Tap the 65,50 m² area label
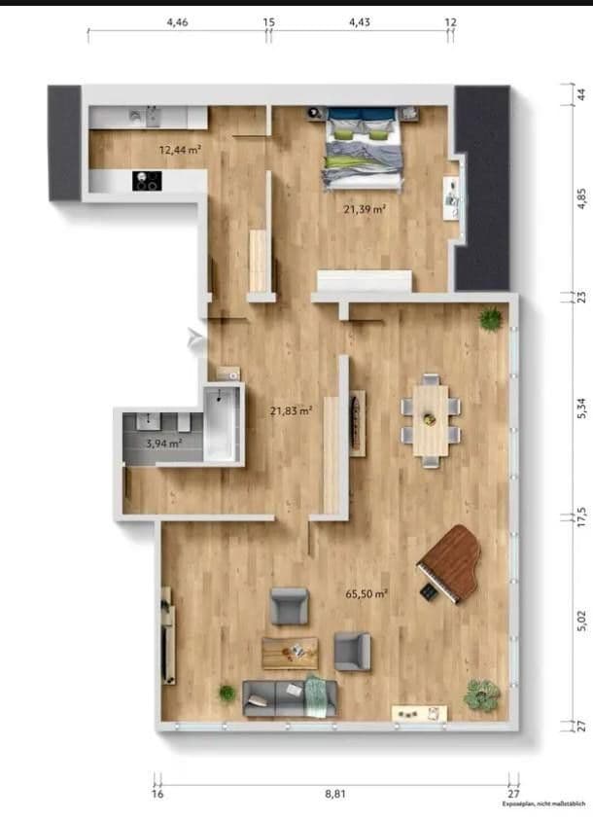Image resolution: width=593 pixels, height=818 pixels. pos(367,593)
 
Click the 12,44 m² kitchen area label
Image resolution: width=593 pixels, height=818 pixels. pos(180,150)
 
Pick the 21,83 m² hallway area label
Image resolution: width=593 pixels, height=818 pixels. pos(290,410)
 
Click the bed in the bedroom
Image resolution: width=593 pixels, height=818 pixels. pos(363,147)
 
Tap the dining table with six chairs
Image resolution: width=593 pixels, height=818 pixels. pos(431,419)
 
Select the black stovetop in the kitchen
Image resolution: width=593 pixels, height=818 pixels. pos(147,181)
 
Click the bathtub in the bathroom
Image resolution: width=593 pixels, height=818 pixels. pos(221,423)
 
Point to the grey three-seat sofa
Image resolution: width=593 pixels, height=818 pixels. pos(290,697)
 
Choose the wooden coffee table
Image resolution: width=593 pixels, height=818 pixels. pos(290,652)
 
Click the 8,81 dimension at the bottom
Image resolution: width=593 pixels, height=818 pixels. pos(334,794)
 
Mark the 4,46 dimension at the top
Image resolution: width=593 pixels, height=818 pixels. pos(178,21)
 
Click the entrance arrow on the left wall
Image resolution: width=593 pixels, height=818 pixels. pos(196,338)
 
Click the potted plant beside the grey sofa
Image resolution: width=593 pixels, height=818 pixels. pos(227,694)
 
